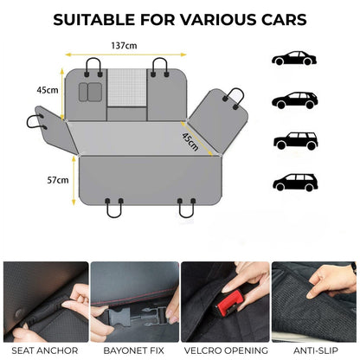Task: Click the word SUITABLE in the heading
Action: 93,18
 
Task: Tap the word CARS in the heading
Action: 281,18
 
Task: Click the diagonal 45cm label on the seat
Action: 190,141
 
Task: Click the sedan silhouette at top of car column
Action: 294,58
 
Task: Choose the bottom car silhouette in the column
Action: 294,182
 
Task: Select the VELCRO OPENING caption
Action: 224,350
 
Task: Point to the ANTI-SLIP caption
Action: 314,350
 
